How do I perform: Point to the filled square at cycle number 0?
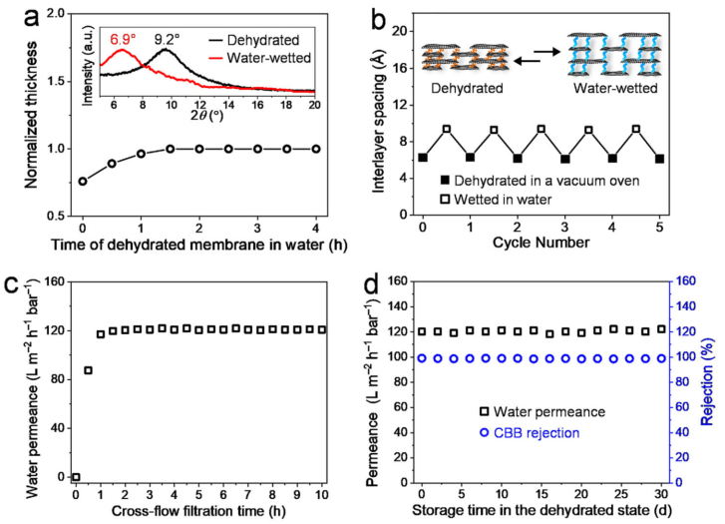pyautogui.click(x=423, y=158)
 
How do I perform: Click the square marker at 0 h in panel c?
pyautogui.click(x=76, y=477)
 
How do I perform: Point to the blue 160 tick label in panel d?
pyautogui.click(x=689, y=282)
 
